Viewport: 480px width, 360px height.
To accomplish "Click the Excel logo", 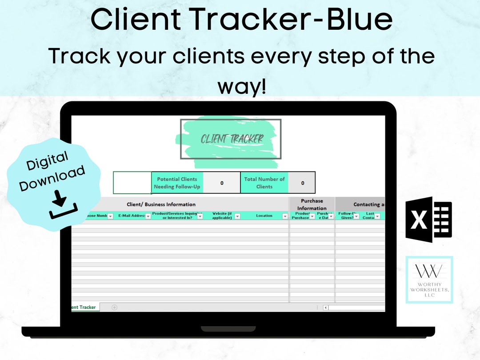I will (428, 220).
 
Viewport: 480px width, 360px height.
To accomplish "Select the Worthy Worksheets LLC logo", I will (429, 280).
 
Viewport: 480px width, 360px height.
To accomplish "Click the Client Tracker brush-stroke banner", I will (231, 139).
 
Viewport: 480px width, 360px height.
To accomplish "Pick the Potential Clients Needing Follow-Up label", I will (177, 183).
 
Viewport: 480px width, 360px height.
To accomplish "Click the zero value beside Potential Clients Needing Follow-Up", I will (222, 183).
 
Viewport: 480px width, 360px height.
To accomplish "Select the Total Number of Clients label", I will (264, 183).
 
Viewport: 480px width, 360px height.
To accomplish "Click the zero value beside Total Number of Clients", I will (303, 183).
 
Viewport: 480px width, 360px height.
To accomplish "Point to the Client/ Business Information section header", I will (161, 204).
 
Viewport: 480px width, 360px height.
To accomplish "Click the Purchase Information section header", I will (312, 204).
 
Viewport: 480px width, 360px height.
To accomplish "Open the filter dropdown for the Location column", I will (285, 216).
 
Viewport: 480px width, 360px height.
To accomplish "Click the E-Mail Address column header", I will (132, 216).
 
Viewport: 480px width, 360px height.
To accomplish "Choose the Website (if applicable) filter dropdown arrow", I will (237, 216).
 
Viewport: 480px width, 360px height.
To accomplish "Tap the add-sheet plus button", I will (114, 307).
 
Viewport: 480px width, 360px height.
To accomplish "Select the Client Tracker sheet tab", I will (84, 307).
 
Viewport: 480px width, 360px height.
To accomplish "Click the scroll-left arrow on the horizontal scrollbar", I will (325, 307).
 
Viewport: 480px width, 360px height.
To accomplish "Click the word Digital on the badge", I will (48, 160).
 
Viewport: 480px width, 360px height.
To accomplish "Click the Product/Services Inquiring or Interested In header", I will (174, 216).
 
